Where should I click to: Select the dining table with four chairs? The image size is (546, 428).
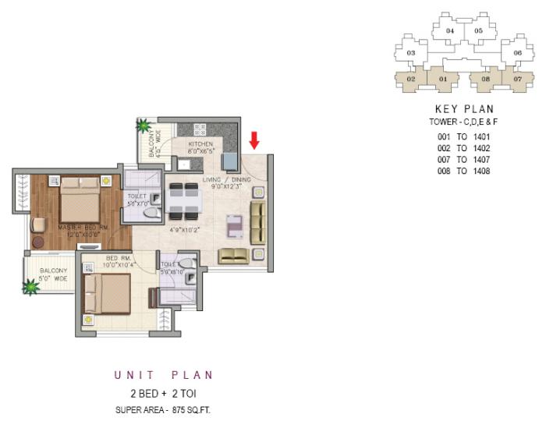[x=186, y=199]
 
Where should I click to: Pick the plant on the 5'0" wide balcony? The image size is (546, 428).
[x=30, y=288]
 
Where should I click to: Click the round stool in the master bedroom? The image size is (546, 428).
[x=38, y=243]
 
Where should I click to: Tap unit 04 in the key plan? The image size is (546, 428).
[x=450, y=31]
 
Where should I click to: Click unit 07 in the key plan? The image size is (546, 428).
[x=516, y=79]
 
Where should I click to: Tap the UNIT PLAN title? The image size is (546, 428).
[x=164, y=375]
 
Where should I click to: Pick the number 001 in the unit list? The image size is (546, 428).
[x=445, y=136]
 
